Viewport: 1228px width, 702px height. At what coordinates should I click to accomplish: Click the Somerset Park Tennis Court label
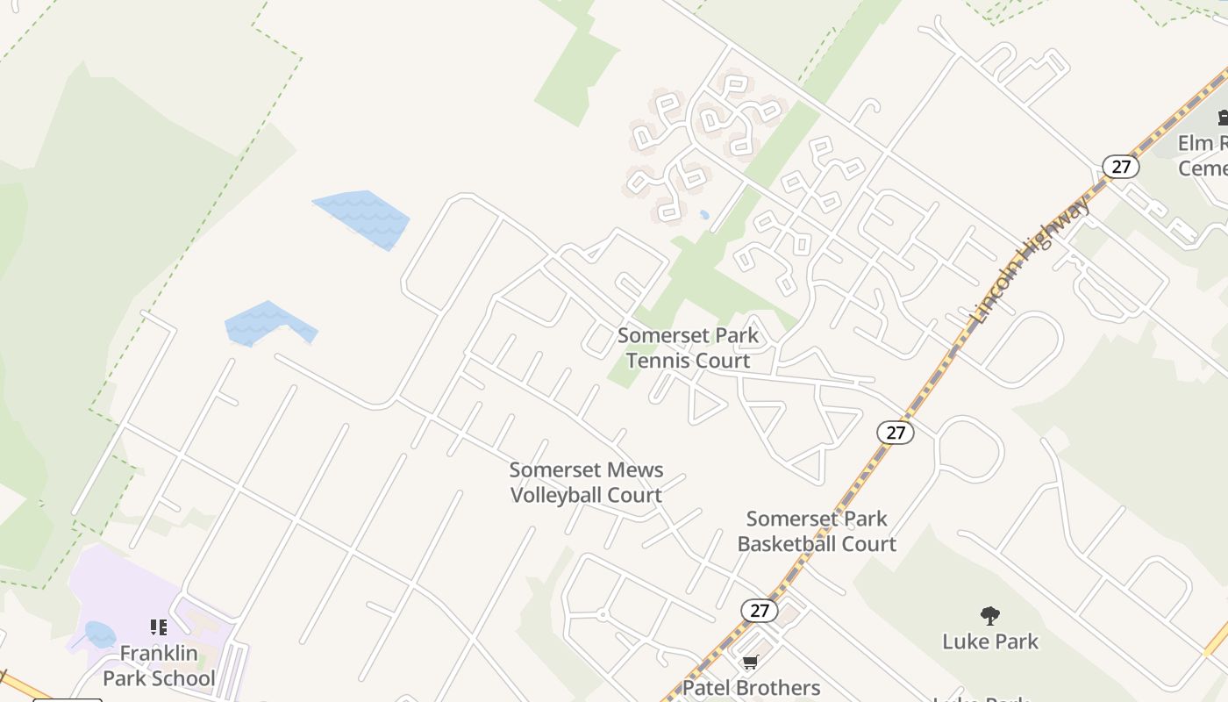688,348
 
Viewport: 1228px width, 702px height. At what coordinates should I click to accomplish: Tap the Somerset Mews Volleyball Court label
586,483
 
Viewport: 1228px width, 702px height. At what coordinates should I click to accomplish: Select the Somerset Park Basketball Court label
817,531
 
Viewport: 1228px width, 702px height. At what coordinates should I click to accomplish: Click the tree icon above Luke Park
989,616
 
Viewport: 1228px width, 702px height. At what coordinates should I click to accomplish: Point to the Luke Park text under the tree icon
989,641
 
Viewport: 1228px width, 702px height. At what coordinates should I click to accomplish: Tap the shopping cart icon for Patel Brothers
750,663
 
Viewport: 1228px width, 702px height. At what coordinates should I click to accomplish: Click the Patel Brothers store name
751,687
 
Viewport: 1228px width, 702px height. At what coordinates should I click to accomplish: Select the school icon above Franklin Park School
158,627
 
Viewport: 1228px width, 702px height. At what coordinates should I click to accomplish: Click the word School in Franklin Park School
182,678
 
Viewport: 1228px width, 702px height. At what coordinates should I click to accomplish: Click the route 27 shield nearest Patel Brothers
759,611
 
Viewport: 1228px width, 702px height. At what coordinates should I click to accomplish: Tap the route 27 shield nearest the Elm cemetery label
1120,167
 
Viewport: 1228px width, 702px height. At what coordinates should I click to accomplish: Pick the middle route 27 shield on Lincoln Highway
895,432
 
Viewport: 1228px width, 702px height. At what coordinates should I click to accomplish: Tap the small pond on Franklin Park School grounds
100,634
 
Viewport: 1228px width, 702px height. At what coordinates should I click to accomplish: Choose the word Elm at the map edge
1194,143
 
